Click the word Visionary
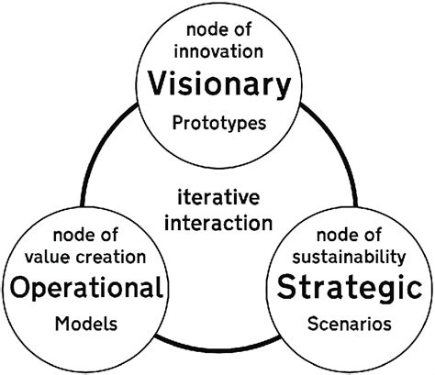[219, 84]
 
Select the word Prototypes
[219, 124]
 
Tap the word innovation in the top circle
[218, 51]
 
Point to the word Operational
[86, 288]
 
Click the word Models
[86, 324]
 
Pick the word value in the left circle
[48, 257]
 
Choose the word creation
[111, 257]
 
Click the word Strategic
[350, 288]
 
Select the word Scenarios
[350, 324]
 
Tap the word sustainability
[349, 258]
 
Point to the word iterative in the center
[218, 197]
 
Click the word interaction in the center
[218, 223]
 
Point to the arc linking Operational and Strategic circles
[217, 348]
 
